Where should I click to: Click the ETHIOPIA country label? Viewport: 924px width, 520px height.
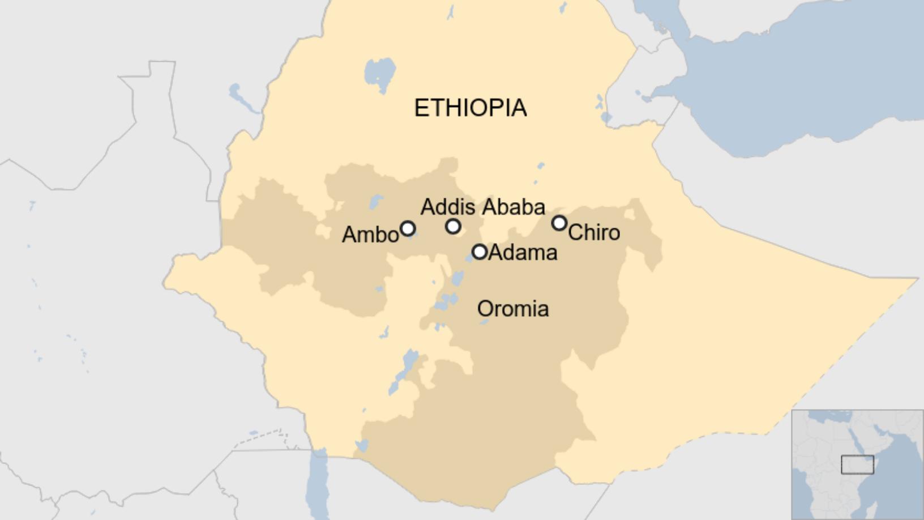point(470,108)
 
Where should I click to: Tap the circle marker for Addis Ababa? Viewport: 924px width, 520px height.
point(453,227)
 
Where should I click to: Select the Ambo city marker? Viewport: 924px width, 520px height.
point(408,229)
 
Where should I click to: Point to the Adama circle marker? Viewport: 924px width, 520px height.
point(480,252)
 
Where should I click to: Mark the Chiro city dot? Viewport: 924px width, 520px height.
point(559,223)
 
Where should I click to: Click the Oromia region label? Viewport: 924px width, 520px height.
point(513,309)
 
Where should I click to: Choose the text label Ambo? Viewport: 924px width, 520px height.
point(370,235)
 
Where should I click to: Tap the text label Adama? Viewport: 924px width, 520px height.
point(523,253)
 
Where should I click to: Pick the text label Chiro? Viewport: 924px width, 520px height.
point(594,232)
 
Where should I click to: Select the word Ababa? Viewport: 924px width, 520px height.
point(514,207)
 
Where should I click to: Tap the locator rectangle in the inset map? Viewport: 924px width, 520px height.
point(857,464)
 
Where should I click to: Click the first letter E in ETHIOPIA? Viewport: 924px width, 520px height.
point(421,108)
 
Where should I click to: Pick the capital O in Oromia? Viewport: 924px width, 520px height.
point(485,309)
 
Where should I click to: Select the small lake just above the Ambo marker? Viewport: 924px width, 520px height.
point(375,202)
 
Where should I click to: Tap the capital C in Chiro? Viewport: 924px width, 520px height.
point(575,232)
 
